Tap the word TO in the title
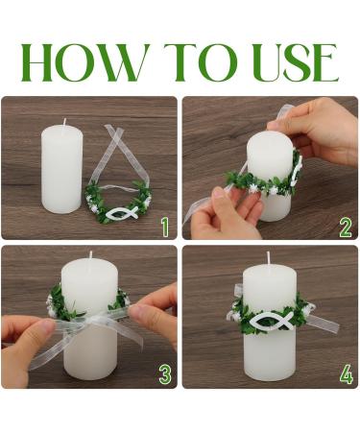pyautogui.click(x=201, y=62)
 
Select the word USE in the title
pyautogui.click(x=297, y=62)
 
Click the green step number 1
pyautogui.click(x=165, y=227)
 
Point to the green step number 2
pyautogui.click(x=346, y=227)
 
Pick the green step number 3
pyautogui.click(x=165, y=374)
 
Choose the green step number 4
pyautogui.click(x=347, y=374)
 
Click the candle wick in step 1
pyautogui.click(x=65, y=122)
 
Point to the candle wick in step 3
pyautogui.click(x=90, y=255)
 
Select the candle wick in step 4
pyautogui.click(x=268, y=257)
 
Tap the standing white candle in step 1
pyautogui.click(x=61, y=168)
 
